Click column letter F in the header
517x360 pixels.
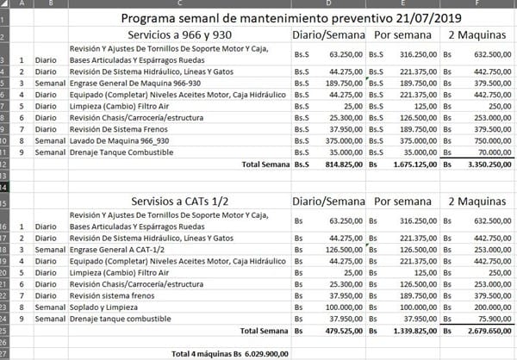coord(477,3)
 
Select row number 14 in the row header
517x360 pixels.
coord(6,185)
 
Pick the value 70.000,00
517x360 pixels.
coord(491,152)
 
